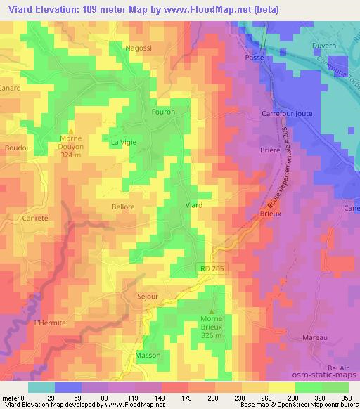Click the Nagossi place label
coord(138,48)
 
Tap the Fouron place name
coord(163,112)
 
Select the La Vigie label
coord(123,141)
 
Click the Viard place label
coord(193,205)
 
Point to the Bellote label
coord(123,207)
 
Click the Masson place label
coord(148,355)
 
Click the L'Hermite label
coord(50,323)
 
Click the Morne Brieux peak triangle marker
coord(212,311)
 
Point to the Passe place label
coord(253,58)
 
